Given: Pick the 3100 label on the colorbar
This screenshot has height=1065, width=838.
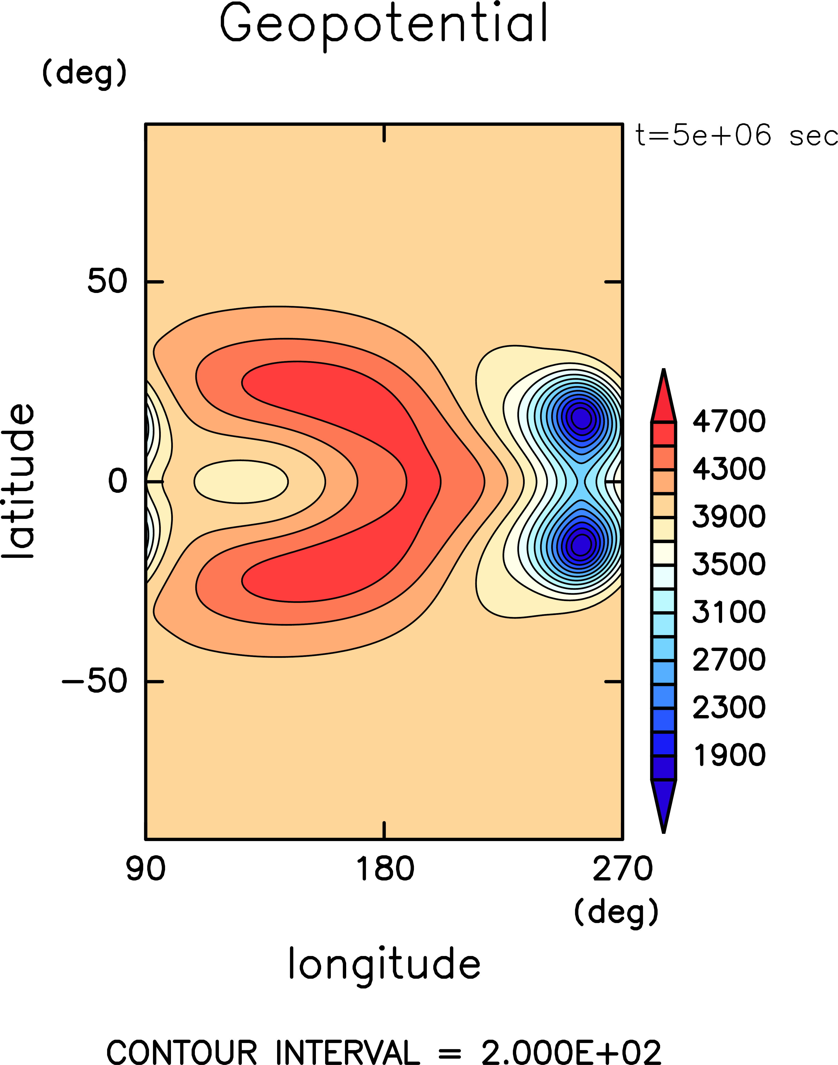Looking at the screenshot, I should [x=729, y=612].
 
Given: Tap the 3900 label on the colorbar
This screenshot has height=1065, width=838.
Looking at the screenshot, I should [x=729, y=517].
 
